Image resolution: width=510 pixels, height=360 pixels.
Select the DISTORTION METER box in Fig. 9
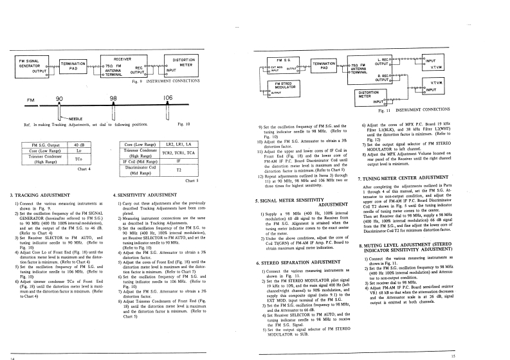[x=185, y=64]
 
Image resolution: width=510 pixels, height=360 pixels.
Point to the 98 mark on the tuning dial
[x=114, y=98]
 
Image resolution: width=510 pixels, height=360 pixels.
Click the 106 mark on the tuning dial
[x=168, y=98]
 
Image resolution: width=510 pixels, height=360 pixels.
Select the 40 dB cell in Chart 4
[x=78, y=145]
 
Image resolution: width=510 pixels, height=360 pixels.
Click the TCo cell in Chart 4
[x=78, y=158]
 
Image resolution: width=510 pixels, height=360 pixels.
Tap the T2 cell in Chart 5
[x=178, y=170]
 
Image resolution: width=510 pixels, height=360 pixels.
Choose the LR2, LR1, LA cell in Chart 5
[x=178, y=145]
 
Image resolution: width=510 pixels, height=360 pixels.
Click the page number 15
[x=453, y=355]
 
